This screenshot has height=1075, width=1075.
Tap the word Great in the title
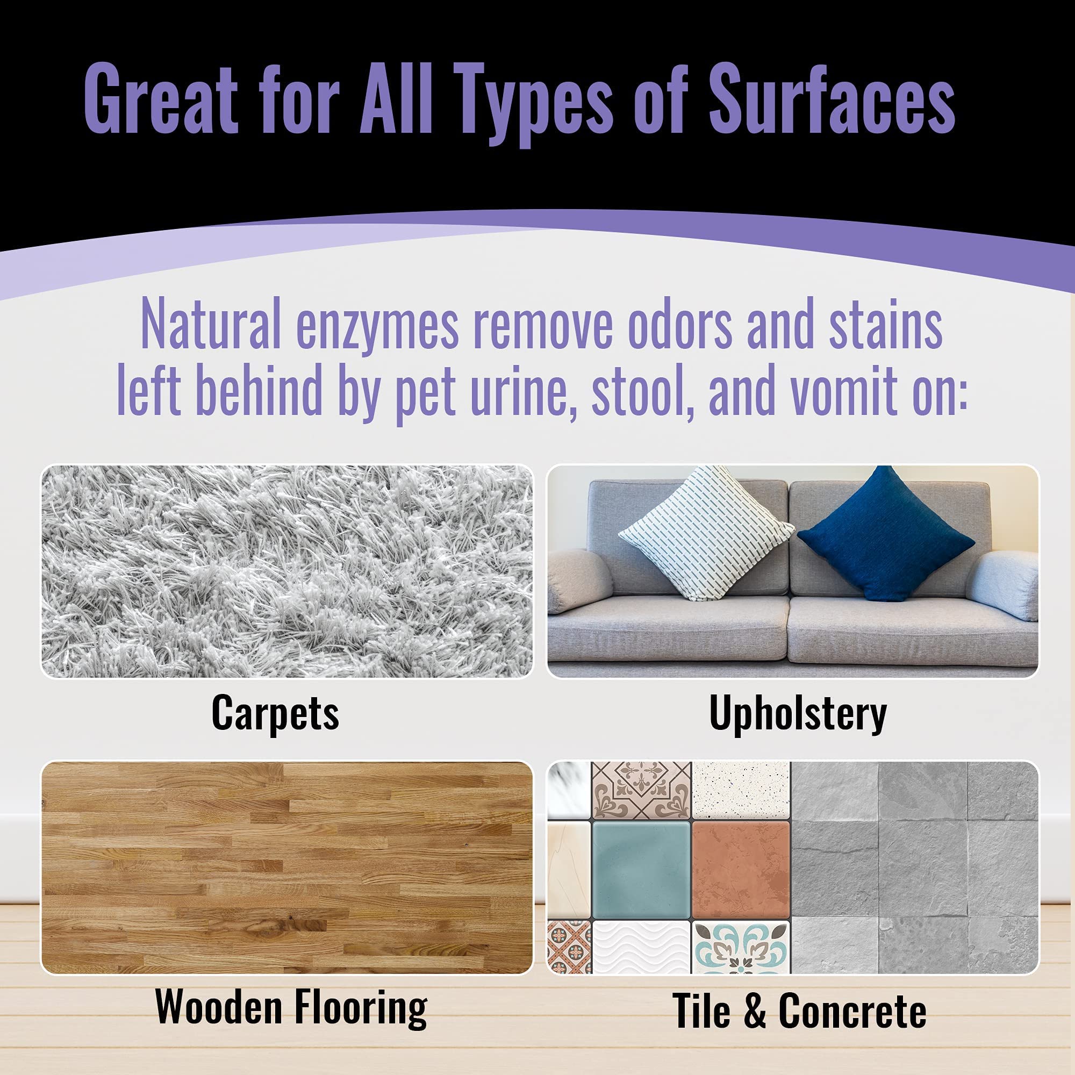click(x=161, y=100)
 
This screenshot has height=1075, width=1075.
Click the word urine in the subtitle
click(x=521, y=388)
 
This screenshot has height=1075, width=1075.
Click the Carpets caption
click(x=275, y=714)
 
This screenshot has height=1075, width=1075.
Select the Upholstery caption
click(x=798, y=714)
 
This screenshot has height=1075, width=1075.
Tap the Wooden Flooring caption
click(x=291, y=1008)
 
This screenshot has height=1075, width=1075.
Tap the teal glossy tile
click(x=641, y=870)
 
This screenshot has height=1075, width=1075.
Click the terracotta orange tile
click(x=740, y=870)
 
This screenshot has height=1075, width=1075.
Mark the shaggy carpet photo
click(x=286, y=571)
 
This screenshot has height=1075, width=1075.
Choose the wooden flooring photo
click(x=286, y=868)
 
